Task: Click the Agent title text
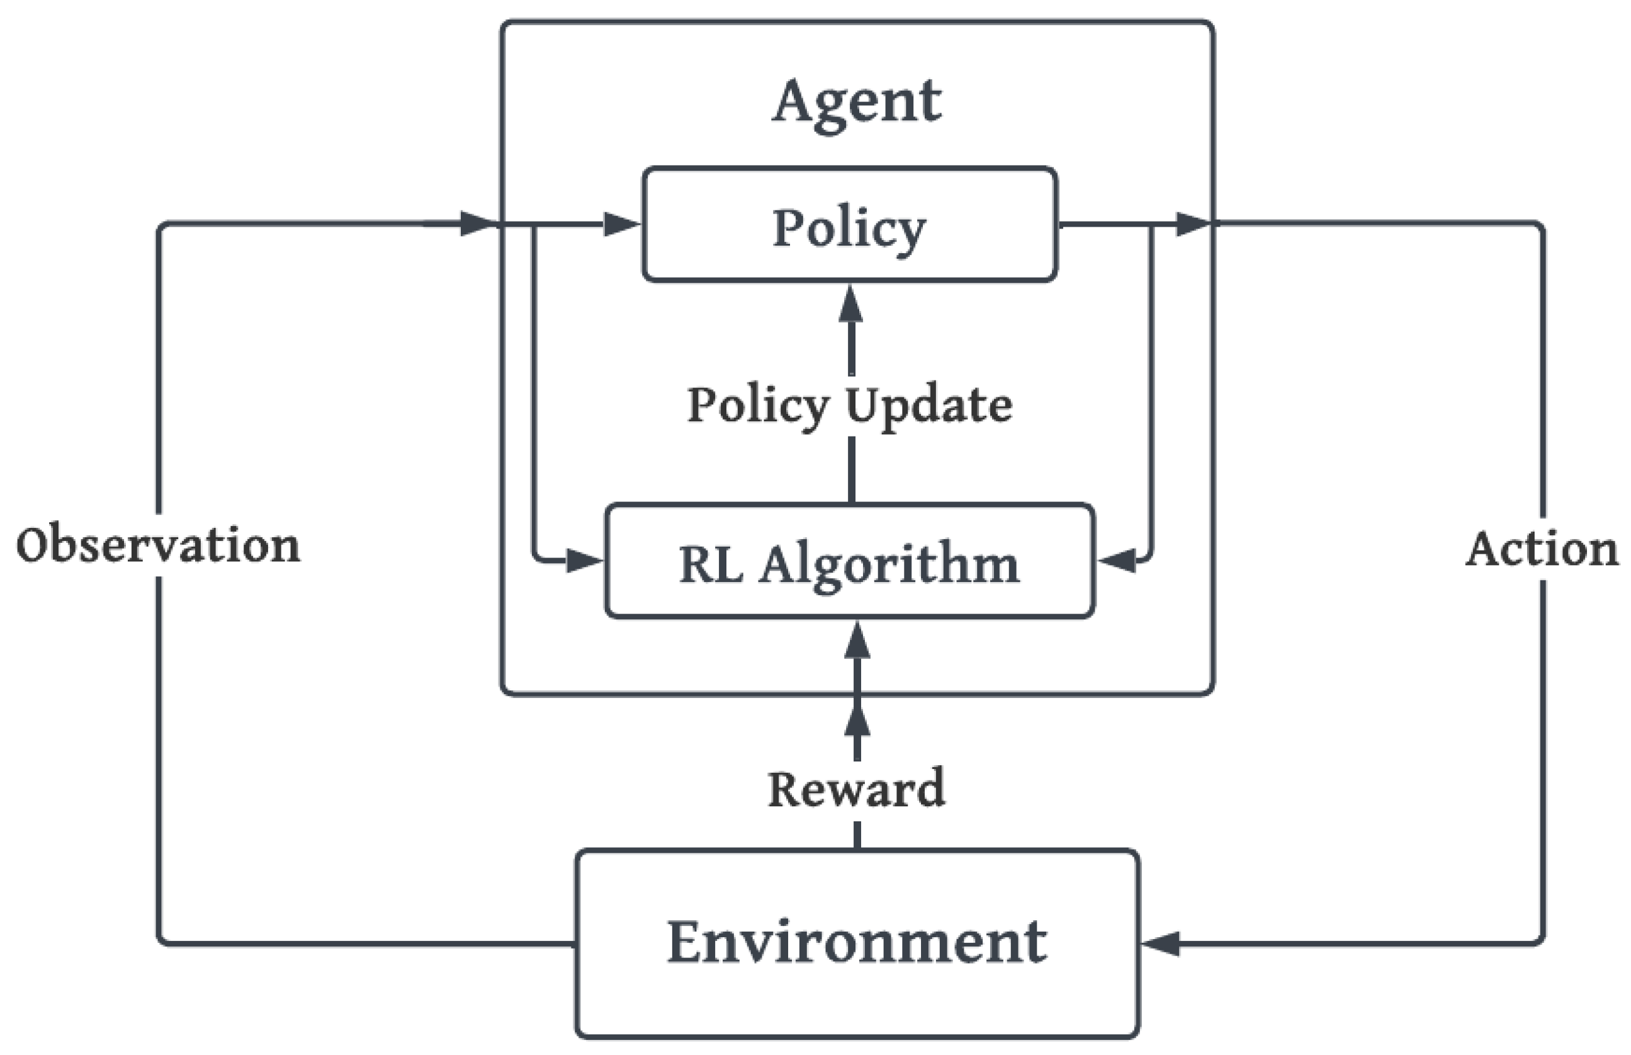pos(857,103)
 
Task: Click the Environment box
pos(857,942)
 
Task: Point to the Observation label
pos(158,546)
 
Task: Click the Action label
pos(1542,549)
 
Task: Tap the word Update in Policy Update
pos(928,406)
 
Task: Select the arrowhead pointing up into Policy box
pos(850,305)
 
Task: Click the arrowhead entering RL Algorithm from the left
pos(583,561)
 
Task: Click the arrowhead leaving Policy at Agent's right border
pos(1192,224)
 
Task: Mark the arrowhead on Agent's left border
pos(477,224)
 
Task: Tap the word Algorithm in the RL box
pos(889,564)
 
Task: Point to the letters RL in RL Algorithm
pos(711,564)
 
